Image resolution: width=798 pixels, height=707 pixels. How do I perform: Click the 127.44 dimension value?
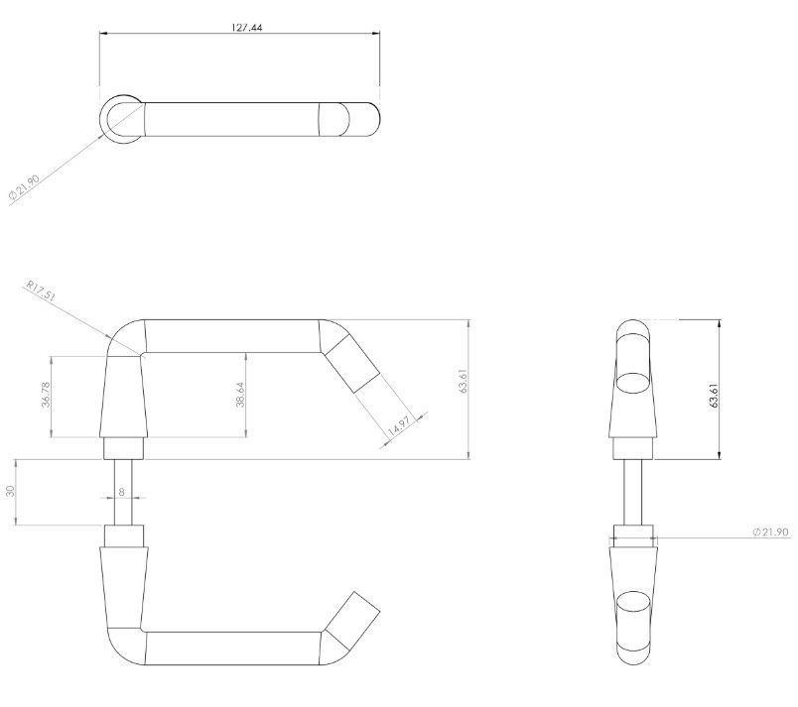coord(247,28)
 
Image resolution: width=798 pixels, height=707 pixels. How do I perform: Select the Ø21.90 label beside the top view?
coord(25,186)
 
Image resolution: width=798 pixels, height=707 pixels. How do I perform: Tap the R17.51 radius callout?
coord(41,292)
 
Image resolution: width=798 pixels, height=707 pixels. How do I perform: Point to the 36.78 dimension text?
coord(47,395)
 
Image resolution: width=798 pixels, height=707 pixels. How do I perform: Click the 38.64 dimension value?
coord(241,395)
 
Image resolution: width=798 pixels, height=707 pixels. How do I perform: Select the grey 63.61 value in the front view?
coord(464,381)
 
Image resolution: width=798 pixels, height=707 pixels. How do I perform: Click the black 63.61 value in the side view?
coord(714,395)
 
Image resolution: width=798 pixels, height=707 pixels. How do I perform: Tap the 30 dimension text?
coord(11,491)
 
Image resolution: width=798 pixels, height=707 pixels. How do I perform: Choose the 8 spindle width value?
coord(121,492)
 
